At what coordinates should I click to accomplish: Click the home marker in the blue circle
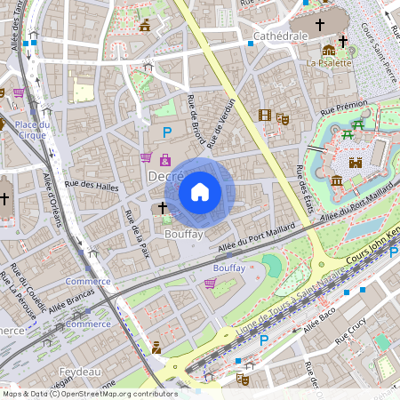pyautogui.click(x=200, y=191)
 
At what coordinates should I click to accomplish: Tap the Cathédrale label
pyautogui.click(x=281, y=36)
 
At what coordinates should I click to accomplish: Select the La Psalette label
pyautogui.click(x=325, y=63)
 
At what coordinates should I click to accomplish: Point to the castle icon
pyautogui.click(x=355, y=163)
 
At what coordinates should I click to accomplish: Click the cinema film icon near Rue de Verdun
pyautogui.click(x=264, y=115)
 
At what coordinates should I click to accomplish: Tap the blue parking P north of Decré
pyautogui.click(x=166, y=132)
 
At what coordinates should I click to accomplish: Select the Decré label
pyautogui.click(x=164, y=178)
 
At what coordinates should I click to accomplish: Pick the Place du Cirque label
pyautogui.click(x=31, y=130)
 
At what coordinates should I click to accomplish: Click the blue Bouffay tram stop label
pyautogui.click(x=229, y=268)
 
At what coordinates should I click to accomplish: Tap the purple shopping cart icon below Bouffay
pyautogui.click(x=210, y=284)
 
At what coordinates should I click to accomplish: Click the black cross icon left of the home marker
pyautogui.click(x=162, y=208)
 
